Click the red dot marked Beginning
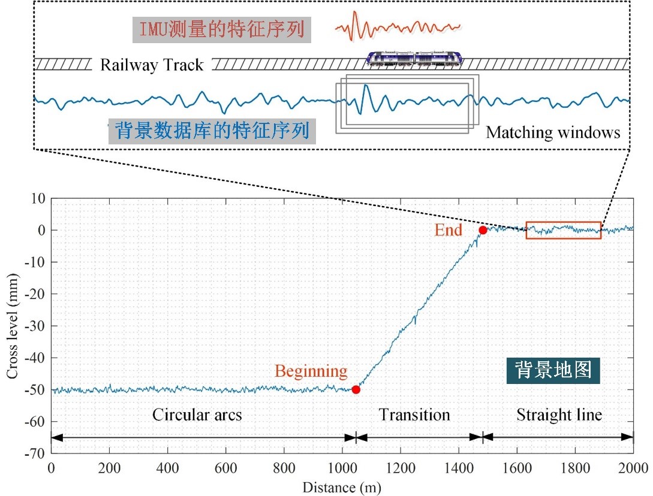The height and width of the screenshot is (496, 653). point(356,389)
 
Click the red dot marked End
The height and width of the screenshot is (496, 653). point(483,230)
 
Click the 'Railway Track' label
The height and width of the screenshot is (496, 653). point(152,65)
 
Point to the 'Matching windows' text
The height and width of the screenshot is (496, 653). point(552,132)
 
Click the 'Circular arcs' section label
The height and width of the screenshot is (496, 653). point(197,415)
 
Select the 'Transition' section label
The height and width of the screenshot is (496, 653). point(414,415)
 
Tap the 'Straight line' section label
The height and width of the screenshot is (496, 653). point(559,415)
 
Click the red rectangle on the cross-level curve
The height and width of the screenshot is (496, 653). point(563,231)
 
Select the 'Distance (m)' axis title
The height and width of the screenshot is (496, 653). point(342,487)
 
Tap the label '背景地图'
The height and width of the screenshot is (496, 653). point(553,370)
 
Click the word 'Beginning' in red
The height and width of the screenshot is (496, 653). point(311,371)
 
